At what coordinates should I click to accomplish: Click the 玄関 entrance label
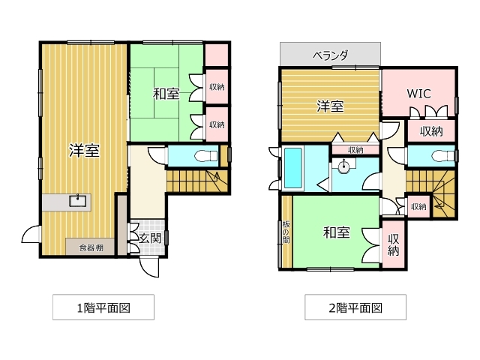(x=150, y=238)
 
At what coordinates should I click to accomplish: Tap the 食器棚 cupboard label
(x=91, y=247)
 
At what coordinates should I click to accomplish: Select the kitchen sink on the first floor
(x=78, y=201)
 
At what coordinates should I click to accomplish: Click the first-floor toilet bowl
(x=205, y=156)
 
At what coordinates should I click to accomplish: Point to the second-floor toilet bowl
(x=443, y=156)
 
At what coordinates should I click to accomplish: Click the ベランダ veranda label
(x=330, y=55)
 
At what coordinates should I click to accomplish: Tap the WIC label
(x=418, y=93)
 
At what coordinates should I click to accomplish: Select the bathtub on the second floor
(x=293, y=168)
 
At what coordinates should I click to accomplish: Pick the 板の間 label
(x=286, y=232)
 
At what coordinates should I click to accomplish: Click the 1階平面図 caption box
(x=103, y=307)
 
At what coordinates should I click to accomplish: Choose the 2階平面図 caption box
(x=355, y=307)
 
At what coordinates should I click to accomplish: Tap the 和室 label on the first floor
(x=166, y=94)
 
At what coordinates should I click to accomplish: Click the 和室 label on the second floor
(x=337, y=232)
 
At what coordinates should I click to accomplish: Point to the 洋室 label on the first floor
(x=84, y=150)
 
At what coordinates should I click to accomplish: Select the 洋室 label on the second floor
(x=330, y=106)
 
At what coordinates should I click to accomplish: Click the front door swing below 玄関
(x=150, y=267)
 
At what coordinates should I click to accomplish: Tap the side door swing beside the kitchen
(x=31, y=234)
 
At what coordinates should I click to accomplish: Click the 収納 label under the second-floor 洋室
(x=355, y=150)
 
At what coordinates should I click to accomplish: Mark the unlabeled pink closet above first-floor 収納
(x=217, y=55)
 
